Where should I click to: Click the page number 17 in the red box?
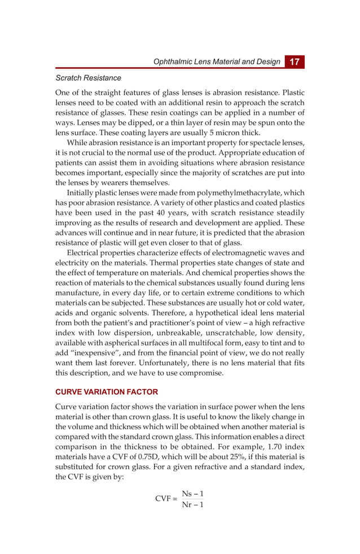(x=294, y=62)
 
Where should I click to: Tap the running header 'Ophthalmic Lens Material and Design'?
(x=217, y=62)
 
